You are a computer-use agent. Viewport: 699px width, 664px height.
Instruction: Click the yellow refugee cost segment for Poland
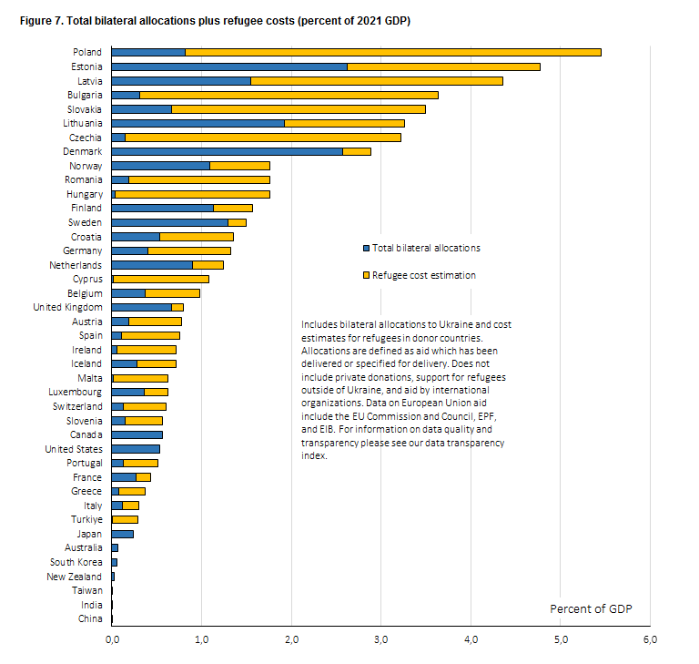[393, 53]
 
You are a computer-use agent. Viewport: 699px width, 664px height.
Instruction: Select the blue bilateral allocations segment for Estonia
[229, 66]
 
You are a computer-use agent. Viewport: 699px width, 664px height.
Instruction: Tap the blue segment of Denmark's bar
[228, 152]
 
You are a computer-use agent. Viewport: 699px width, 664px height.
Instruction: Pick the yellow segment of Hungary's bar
[193, 194]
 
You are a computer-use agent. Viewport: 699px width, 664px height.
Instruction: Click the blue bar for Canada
[137, 435]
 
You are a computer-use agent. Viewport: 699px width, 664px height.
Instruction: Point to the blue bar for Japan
[123, 534]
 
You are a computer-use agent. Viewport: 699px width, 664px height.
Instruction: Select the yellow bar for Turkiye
[125, 520]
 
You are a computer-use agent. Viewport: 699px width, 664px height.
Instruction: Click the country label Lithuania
[83, 123]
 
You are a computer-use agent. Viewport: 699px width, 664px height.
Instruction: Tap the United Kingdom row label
[67, 308]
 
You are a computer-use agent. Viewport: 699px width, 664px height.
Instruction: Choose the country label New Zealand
[74, 577]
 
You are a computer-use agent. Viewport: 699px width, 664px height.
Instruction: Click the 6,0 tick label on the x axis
[651, 640]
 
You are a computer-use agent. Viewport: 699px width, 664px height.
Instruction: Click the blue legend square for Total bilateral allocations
[367, 248]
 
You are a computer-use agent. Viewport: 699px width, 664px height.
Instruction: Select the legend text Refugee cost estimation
[424, 275]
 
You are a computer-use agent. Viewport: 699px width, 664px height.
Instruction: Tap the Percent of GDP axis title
[591, 609]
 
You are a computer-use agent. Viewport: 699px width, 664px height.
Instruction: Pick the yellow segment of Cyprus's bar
[161, 280]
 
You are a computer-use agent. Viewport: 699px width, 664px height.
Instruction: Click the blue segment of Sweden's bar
[170, 222]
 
